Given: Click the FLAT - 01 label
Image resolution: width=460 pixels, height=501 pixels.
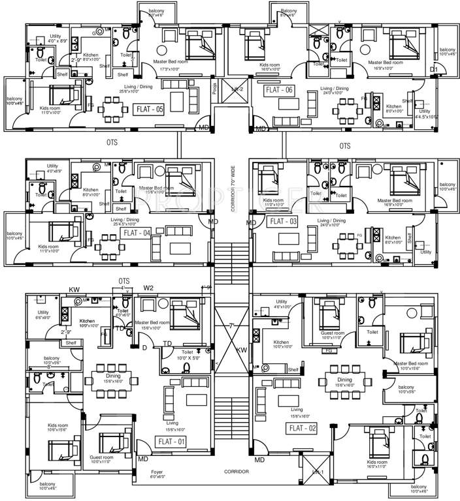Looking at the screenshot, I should click(x=171, y=442).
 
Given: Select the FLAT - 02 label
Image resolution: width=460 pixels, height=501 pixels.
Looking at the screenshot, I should click(x=303, y=428).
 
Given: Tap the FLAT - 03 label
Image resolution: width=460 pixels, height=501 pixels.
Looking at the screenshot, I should click(x=283, y=222).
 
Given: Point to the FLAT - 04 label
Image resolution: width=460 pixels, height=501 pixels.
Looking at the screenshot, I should click(x=137, y=232).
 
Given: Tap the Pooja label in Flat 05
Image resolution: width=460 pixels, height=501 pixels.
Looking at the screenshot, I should click(x=214, y=87).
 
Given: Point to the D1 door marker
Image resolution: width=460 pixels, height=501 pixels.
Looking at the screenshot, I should click(x=433, y=69).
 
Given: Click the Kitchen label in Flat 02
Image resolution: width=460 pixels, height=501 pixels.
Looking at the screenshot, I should click(x=282, y=343).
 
